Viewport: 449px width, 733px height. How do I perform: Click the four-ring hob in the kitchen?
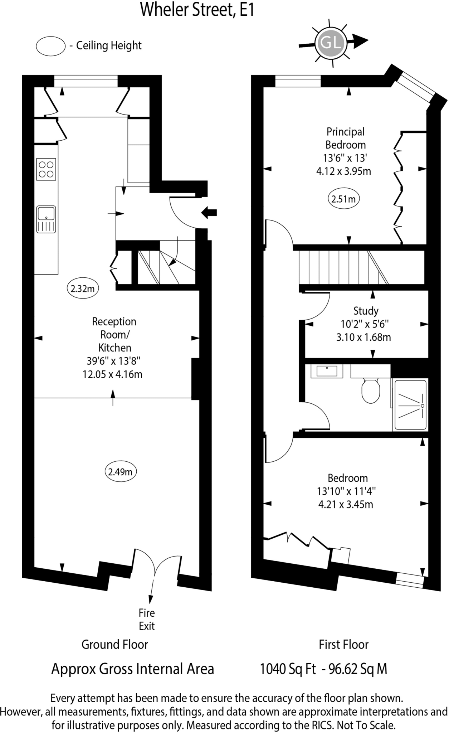[46, 169]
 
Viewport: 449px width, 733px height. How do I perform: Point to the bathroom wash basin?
[327, 371]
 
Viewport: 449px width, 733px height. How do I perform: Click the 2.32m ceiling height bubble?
[83, 288]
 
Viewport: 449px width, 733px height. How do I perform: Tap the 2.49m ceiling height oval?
[121, 472]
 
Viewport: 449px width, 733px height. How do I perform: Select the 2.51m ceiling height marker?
[343, 199]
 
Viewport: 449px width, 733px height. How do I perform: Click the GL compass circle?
[330, 43]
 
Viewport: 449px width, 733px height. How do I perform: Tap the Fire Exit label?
[147, 619]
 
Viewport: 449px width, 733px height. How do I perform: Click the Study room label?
[366, 311]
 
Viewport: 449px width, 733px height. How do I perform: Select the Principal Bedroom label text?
[345, 138]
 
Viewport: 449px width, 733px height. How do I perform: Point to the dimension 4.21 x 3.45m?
[346, 505]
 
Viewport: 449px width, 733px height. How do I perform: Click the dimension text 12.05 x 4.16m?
[112, 374]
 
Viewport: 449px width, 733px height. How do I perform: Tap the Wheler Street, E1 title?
[197, 10]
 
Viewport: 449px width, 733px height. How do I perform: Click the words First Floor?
[343, 645]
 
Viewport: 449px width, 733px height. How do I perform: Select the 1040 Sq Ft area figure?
[288, 669]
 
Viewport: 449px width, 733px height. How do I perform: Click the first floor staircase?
[343, 267]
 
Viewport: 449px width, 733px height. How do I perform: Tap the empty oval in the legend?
[51, 46]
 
